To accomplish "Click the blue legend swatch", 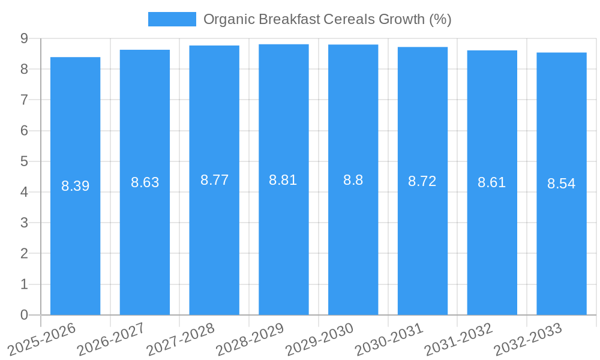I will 172,19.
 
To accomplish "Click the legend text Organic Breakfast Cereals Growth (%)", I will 327,19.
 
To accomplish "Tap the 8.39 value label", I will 75,186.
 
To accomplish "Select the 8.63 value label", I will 145,182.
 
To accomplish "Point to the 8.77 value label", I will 214,180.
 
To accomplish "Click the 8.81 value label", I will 283,179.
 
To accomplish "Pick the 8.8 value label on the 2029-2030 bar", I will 353,180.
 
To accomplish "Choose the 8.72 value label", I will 422,181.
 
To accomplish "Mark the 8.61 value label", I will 492,183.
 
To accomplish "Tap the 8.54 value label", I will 562,184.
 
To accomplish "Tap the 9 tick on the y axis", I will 24,38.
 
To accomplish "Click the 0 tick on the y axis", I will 24,315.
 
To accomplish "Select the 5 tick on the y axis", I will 24,161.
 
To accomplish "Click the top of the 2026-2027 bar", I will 145,50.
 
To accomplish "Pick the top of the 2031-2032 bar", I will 492,50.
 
